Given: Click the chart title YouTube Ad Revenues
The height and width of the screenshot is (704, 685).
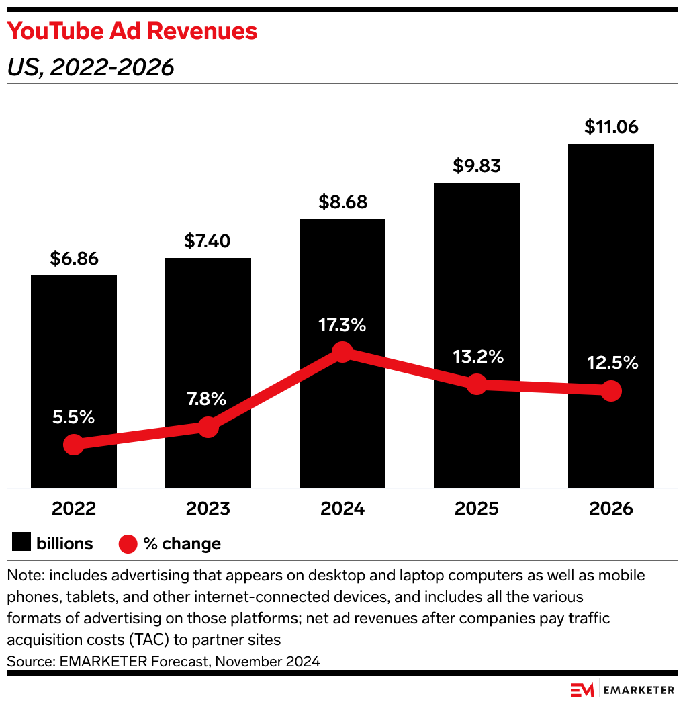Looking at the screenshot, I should click(x=132, y=32).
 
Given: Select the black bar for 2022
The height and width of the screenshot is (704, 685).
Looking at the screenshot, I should click(x=74, y=349).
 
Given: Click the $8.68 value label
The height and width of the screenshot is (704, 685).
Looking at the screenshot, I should click(x=342, y=202).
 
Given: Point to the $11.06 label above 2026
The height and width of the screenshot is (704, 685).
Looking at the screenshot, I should click(x=610, y=127).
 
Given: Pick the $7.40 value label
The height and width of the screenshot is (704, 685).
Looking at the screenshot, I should click(x=208, y=241).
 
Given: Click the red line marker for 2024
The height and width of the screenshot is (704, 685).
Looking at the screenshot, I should click(x=342, y=352).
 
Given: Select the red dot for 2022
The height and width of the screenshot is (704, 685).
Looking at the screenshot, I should click(x=73, y=445).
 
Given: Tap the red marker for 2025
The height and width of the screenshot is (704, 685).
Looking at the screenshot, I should click(x=477, y=384).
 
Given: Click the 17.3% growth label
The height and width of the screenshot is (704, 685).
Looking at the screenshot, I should click(x=342, y=326).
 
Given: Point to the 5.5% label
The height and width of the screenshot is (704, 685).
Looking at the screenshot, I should click(x=74, y=417).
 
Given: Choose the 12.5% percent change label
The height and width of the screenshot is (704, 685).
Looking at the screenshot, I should click(x=610, y=363).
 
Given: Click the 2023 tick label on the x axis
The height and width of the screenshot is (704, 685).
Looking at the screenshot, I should click(x=208, y=509).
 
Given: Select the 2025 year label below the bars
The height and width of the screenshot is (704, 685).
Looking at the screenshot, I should click(x=477, y=509).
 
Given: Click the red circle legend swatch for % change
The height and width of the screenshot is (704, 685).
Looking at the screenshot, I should click(x=128, y=543).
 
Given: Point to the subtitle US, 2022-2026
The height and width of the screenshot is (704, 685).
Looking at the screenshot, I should click(x=91, y=67).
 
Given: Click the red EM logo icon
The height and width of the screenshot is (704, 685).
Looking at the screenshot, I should click(x=582, y=690).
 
